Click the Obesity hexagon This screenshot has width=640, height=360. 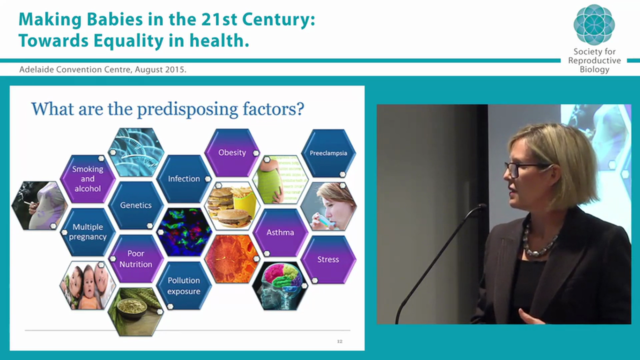coord(232,152)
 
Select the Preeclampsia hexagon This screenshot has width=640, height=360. coord(328,153)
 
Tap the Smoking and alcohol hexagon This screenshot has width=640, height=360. coord(87,178)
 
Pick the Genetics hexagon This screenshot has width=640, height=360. coord(135,205)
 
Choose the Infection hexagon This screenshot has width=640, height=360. coord(183,178)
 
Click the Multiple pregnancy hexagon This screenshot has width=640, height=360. coord(87,232)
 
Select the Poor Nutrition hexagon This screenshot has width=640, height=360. coord(135,258)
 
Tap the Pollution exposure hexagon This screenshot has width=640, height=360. coord(183,285)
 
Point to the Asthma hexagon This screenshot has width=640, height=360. coord(280,232)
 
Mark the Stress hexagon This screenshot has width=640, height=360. coord(328,259)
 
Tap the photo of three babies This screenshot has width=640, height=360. coord(87,285)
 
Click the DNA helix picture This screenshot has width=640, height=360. coord(136,152)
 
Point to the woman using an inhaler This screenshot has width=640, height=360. coord(328,206)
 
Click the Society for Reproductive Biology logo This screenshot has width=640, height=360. coord(594,25)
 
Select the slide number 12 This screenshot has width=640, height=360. coord(339,341)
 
